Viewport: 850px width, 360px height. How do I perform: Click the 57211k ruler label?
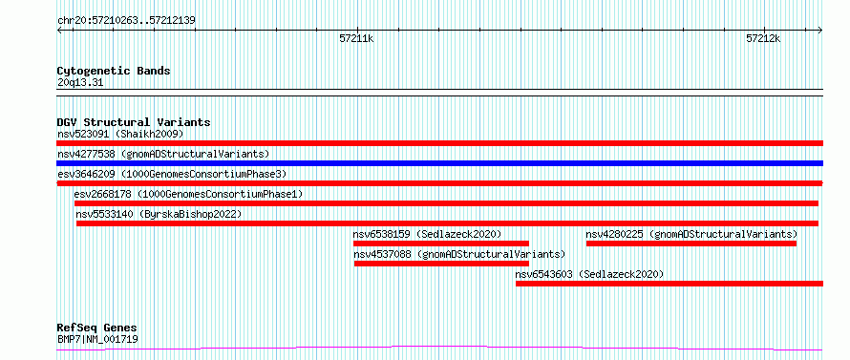pyautogui.click(x=356, y=38)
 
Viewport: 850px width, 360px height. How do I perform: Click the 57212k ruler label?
pyautogui.click(x=763, y=38)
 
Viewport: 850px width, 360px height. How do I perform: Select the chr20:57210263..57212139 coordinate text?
pyautogui.click(x=126, y=21)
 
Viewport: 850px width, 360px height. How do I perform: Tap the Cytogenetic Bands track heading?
pyautogui.click(x=114, y=71)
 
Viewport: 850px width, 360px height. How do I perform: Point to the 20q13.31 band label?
pyautogui.click(x=80, y=83)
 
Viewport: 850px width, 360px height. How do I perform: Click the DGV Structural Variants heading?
pyautogui.click(x=134, y=122)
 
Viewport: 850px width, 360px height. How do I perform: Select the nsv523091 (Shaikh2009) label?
pyautogui.click(x=120, y=134)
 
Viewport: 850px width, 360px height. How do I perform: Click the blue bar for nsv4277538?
pyautogui.click(x=439, y=163)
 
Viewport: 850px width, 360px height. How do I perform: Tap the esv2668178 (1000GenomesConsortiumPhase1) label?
pyautogui.click(x=189, y=194)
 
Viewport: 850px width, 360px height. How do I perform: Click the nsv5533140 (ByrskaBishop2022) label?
pyautogui.click(x=159, y=214)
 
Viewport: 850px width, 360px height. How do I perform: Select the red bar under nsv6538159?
pyautogui.click(x=440, y=244)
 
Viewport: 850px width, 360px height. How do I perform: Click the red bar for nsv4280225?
pyautogui.click(x=691, y=244)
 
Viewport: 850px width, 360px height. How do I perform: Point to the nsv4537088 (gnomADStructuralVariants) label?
pyautogui.click(x=459, y=254)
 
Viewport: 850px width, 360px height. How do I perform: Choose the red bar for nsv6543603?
pyautogui.click(x=669, y=284)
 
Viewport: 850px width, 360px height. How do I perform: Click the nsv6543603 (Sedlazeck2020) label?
pyautogui.click(x=589, y=274)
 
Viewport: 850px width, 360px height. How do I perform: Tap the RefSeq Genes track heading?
pyautogui.click(x=97, y=328)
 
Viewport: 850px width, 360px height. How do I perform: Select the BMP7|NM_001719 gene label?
pyautogui.click(x=97, y=340)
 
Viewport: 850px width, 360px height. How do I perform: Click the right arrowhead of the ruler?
pyautogui.click(x=821, y=30)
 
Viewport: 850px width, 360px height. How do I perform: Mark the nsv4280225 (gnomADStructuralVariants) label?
pyautogui.click(x=691, y=234)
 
